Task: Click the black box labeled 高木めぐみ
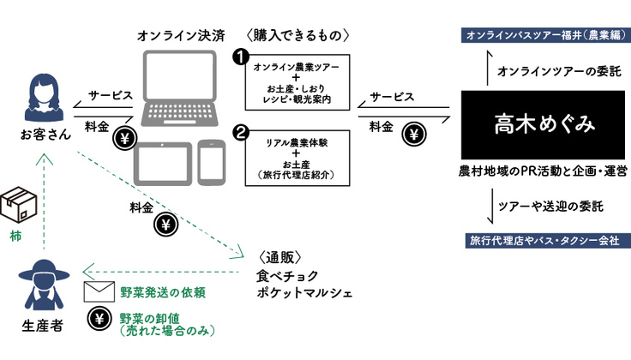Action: (x=544, y=125)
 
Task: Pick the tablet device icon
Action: (x=162, y=161)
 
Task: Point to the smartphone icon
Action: (x=211, y=160)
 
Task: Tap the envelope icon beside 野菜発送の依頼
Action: (x=99, y=292)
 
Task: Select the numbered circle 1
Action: (x=243, y=57)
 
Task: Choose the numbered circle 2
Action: (x=243, y=133)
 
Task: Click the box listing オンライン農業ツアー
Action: (x=292, y=84)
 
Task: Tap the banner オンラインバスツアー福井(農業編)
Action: (x=544, y=35)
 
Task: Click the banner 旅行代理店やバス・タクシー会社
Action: (x=544, y=241)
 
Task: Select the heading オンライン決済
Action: (x=181, y=36)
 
